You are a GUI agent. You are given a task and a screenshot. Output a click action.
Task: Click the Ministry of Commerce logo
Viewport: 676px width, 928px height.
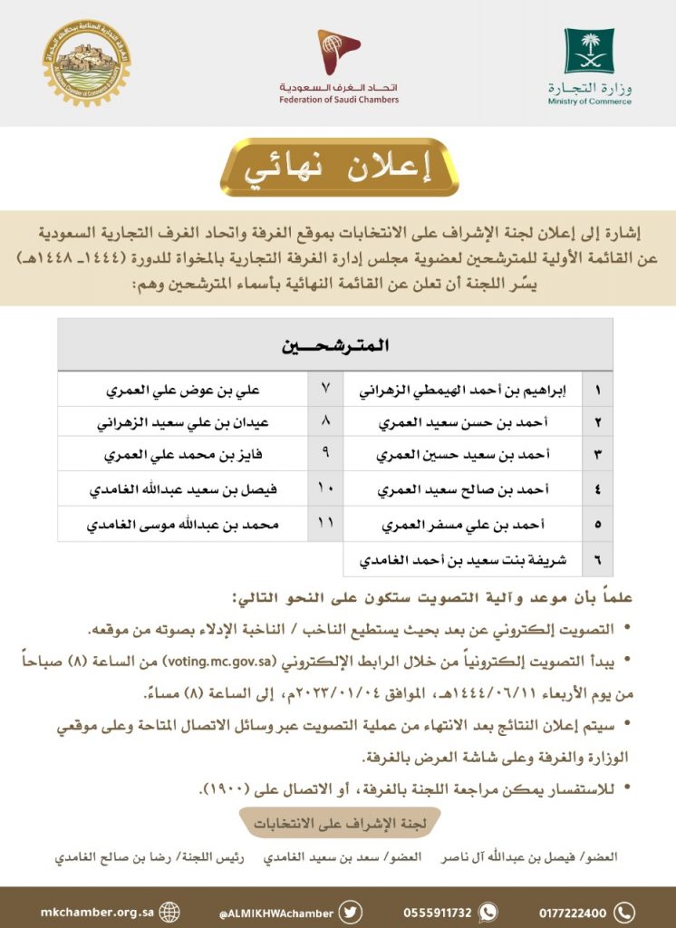pos(589,65)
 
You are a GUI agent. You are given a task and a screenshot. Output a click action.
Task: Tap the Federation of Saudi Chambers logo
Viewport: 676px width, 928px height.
pos(338,65)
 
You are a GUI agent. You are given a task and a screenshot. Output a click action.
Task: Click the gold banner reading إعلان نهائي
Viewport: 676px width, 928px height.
pos(339,169)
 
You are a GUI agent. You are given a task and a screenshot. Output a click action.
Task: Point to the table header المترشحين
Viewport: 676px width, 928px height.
pos(334,346)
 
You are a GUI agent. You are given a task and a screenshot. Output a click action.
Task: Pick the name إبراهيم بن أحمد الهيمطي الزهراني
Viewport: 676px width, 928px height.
pos(463,392)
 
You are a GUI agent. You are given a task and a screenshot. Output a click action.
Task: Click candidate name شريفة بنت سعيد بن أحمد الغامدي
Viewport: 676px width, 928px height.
pos(463,559)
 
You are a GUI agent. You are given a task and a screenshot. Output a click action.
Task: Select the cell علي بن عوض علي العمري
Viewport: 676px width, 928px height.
pos(184,392)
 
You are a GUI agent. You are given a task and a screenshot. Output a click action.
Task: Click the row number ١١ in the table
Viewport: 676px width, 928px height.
pos(325,525)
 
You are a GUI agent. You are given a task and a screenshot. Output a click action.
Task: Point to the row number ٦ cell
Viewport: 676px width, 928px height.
pos(596,559)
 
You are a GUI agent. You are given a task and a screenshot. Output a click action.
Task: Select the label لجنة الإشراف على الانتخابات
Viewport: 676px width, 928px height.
pos(337,824)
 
